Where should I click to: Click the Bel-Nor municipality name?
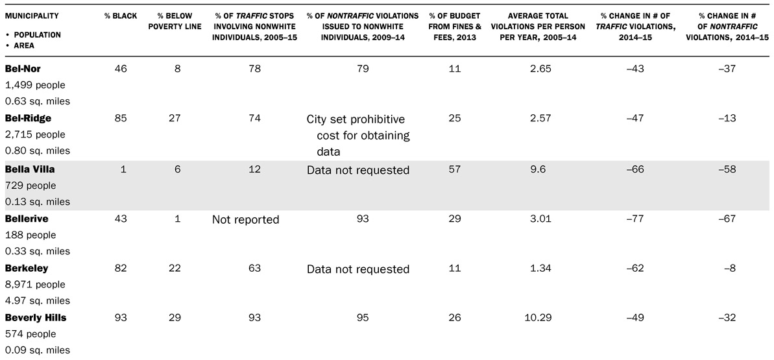(23, 69)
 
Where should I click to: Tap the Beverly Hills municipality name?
(35, 318)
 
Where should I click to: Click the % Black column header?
(121, 16)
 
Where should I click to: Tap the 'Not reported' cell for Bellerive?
(245, 220)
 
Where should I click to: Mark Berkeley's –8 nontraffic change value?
(732, 269)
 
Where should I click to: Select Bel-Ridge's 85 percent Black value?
(121, 118)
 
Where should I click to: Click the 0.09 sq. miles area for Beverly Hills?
(37, 350)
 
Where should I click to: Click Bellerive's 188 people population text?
(30, 235)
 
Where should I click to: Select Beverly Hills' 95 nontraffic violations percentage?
(363, 318)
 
